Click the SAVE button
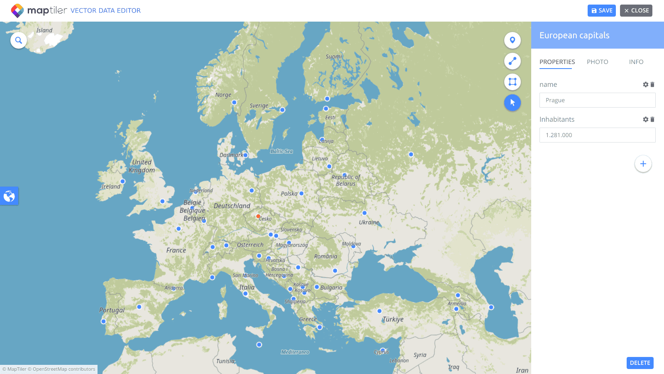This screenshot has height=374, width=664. pos(601,11)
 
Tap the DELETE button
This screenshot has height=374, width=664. pos(640,363)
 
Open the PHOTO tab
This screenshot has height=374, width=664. pos(597,62)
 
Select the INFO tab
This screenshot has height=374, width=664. pos(636,62)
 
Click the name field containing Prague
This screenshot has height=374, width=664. pos(597,100)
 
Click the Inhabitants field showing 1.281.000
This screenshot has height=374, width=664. pos(597,135)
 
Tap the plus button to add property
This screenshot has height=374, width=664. pos(643,164)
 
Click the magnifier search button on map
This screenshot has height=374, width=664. pos(19,40)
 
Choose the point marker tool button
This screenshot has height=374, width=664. pos(513,40)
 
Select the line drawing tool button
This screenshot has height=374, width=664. pos(513,61)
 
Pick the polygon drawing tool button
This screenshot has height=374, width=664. pos(513,82)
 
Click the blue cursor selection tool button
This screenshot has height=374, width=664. pos(513,103)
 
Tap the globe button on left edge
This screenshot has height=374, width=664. pos(9,196)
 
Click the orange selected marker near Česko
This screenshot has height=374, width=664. pos(258,216)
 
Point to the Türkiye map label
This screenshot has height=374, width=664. pos(393,319)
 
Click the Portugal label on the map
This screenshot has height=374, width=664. pos(112,310)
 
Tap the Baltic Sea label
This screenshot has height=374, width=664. pos(281,151)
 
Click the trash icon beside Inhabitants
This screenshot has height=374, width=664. pos(652,119)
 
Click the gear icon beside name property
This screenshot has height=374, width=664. pos(645,84)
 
